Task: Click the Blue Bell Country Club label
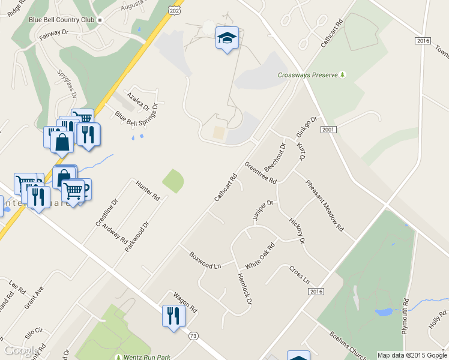[62, 20]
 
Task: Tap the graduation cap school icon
[226, 38]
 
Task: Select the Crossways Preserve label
[308, 76]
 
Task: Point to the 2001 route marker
[328, 130]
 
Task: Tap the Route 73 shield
[193, 335]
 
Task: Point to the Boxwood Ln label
[205, 259]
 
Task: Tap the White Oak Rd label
[260, 256]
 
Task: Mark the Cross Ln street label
[299, 275]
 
